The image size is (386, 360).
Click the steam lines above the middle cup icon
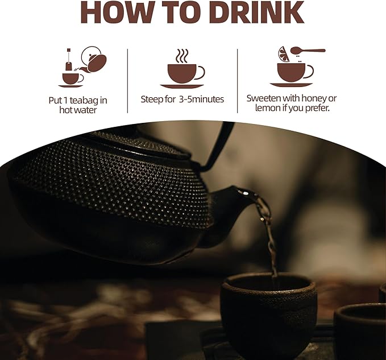[182, 56]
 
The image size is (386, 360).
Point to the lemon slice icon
[284, 55]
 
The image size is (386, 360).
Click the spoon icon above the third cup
[308, 51]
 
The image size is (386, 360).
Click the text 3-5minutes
[201, 99]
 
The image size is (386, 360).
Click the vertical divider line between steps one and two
[127, 81]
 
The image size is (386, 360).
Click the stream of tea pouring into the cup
[268, 237]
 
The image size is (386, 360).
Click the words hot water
[78, 110]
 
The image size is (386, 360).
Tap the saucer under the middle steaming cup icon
[182, 86]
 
